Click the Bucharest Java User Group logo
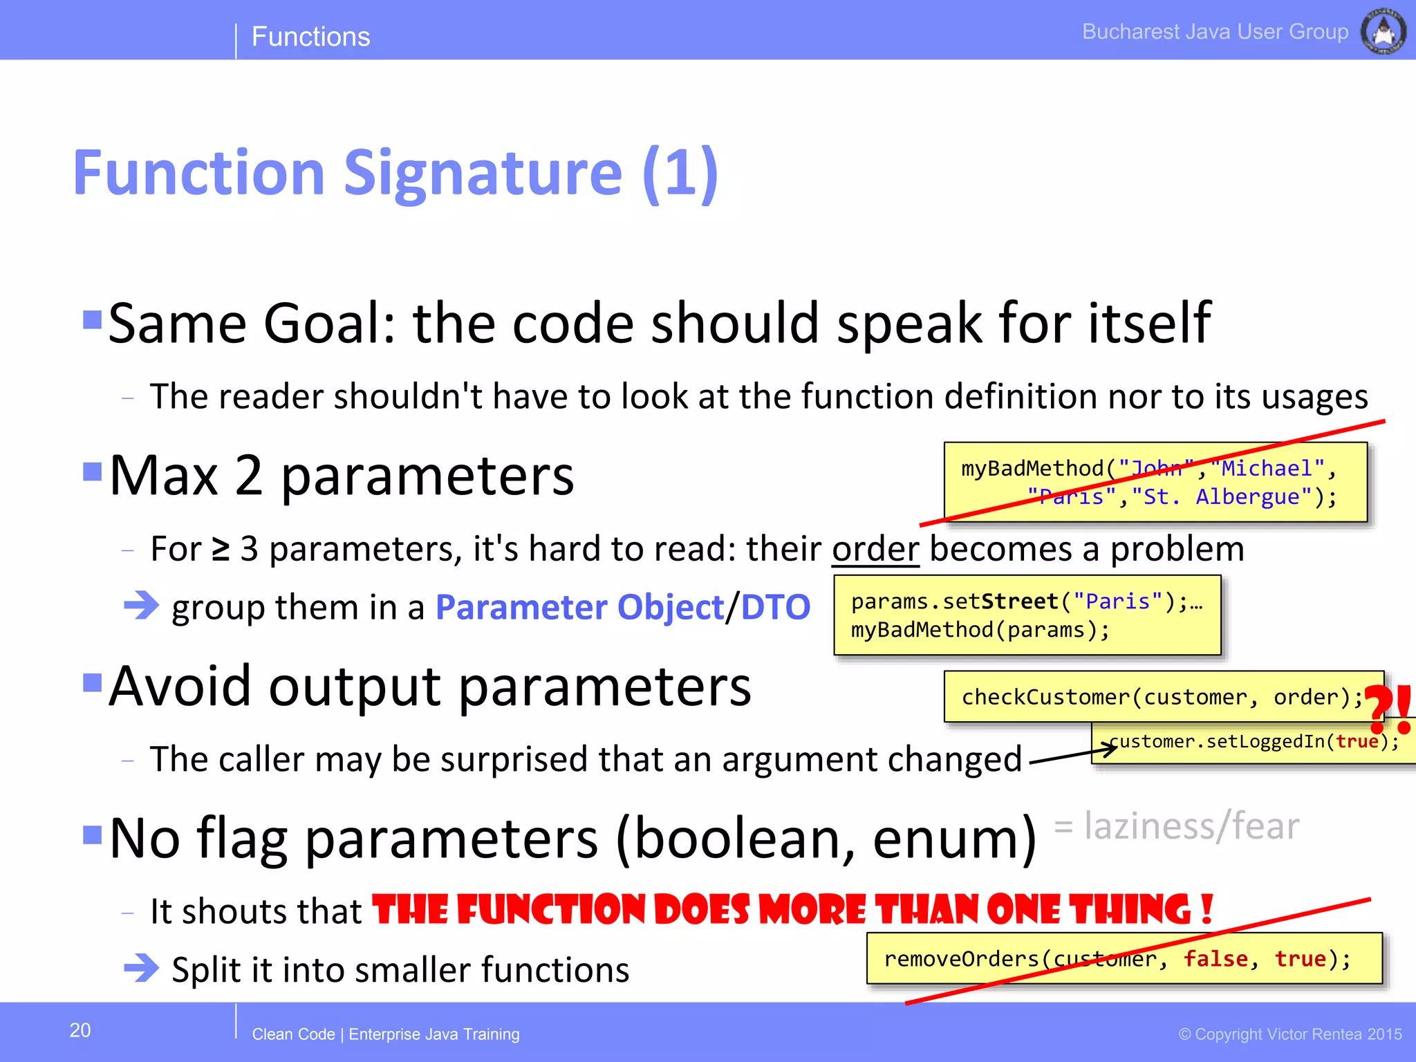(1383, 31)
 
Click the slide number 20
(80, 1030)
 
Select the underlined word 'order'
(875, 550)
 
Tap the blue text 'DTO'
(775, 608)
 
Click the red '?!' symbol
(1388, 709)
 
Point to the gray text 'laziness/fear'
(1191, 826)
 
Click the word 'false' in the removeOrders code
(1215, 959)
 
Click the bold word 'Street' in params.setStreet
(1019, 602)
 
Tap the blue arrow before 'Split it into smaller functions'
(142, 968)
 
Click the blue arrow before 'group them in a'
(142, 606)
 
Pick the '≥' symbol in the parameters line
(220, 550)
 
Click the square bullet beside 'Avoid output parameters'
(92, 682)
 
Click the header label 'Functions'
(310, 37)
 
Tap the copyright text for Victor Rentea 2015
(1289, 1034)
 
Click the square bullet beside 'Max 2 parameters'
(92, 472)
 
